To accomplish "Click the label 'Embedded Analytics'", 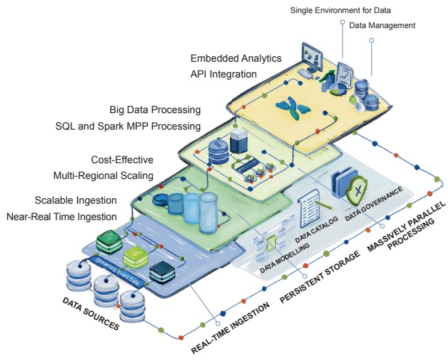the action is point(236,58).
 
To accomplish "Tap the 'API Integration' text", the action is point(224,74).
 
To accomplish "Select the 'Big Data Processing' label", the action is point(155,110).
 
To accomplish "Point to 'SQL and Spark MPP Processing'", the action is point(128,126).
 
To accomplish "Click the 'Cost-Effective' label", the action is point(122,160).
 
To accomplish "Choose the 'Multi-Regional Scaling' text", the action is point(104,176).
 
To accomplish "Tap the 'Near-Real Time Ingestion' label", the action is point(62,217).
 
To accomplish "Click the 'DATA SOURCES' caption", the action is point(91,313).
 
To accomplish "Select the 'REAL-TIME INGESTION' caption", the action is point(231,328).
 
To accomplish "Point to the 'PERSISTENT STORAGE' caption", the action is point(320,277).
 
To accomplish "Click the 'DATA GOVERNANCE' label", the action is point(374,204).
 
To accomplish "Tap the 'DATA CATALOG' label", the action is point(316,230).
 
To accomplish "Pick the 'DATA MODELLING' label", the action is point(285,258).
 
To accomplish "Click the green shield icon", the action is point(357,191).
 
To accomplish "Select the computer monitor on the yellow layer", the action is point(312,58).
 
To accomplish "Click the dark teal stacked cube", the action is point(163,272).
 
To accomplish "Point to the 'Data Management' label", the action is point(382,25).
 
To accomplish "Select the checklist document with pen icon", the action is point(312,208).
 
